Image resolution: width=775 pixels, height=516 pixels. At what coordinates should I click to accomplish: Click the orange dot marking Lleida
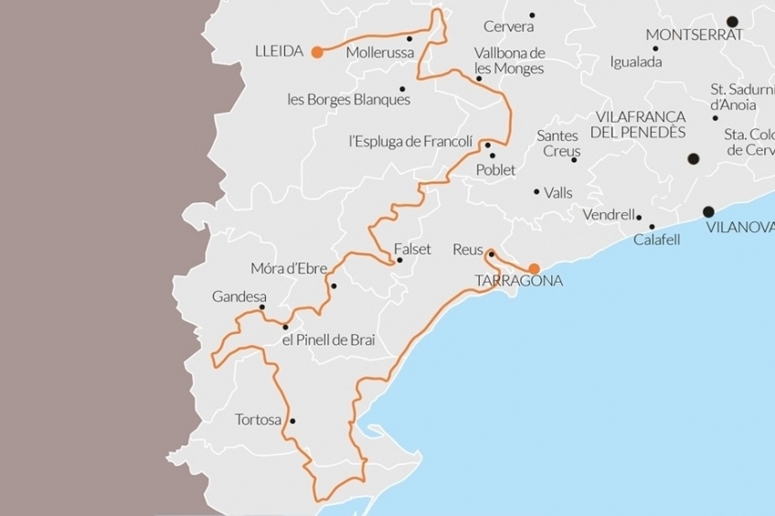coord(316,52)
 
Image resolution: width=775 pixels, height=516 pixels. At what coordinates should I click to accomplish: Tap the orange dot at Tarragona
coord(535,269)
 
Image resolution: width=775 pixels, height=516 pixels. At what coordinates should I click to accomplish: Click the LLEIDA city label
coord(279,51)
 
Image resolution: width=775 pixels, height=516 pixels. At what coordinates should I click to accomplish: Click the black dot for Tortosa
coord(292,421)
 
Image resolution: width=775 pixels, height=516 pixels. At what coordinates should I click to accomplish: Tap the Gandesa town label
coord(239,296)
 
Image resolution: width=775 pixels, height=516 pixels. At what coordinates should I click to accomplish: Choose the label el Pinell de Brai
coord(329,340)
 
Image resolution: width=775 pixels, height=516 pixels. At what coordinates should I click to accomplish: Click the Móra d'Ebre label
coord(287,269)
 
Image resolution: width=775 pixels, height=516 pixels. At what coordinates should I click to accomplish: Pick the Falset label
coord(412,249)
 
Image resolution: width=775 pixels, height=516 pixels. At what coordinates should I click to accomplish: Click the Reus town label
coord(468,249)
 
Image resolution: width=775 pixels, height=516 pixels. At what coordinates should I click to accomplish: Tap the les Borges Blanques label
coord(349,100)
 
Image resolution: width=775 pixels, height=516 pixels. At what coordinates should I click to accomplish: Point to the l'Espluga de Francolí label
coord(411,141)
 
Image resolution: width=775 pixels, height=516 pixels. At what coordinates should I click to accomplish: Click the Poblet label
coord(496,170)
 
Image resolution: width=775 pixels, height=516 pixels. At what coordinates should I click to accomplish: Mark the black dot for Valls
coord(537,191)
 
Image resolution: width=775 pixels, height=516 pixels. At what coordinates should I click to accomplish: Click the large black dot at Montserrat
coord(732,21)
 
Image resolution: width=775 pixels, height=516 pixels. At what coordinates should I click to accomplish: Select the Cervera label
coord(508,27)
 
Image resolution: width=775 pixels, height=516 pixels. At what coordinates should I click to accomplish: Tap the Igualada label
coord(636,62)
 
